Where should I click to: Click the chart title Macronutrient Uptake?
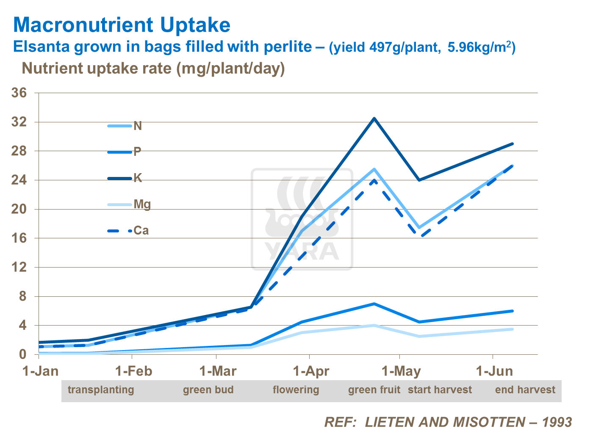click(122, 25)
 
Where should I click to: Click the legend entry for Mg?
click(142, 204)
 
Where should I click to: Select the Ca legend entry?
click(141, 231)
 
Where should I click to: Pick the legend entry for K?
click(138, 178)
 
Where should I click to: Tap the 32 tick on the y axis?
click(19, 122)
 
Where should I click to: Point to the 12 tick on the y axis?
click(19, 267)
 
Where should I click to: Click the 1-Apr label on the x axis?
click(311, 371)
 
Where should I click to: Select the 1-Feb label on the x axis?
click(133, 371)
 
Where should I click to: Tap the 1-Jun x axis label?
click(494, 371)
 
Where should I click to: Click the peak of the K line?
click(374, 119)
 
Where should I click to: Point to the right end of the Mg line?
click(513, 329)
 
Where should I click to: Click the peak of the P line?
click(374, 304)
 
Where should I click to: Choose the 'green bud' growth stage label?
click(208, 390)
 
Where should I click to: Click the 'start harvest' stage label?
click(440, 390)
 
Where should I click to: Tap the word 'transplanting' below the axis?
click(101, 390)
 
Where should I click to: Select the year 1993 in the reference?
click(557, 422)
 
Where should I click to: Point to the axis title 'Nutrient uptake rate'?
click(97, 68)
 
